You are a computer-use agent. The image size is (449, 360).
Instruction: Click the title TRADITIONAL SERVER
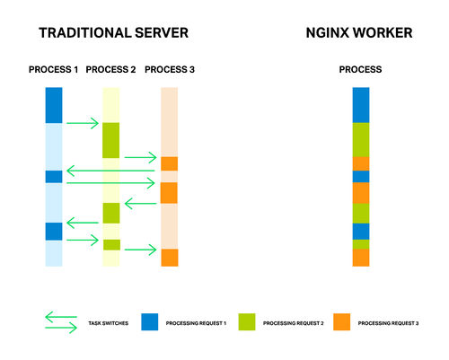[113, 33]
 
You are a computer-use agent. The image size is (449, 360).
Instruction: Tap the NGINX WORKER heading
[360, 33]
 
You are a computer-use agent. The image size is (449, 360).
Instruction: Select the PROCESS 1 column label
[53, 70]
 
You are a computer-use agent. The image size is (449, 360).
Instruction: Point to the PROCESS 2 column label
[110, 70]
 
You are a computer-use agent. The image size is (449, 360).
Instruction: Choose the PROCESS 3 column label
[169, 70]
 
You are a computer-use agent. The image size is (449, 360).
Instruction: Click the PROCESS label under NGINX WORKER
[360, 70]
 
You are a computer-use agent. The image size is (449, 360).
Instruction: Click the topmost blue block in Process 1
[53, 105]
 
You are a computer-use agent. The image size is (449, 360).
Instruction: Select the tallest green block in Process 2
[110, 140]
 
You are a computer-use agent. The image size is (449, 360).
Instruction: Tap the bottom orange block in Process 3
[169, 258]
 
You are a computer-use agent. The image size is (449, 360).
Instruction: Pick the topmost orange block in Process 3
[169, 163]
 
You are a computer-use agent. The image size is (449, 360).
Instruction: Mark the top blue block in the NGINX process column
[360, 105]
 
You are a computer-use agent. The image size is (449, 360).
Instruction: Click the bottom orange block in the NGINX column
[360, 258]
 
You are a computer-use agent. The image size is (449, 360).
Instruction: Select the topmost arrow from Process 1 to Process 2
[82, 123]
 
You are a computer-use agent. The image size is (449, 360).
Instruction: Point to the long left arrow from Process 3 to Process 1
[111, 170]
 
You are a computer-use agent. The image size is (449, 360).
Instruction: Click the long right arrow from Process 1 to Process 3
[111, 182]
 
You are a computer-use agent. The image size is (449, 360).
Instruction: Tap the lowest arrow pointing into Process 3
[141, 250]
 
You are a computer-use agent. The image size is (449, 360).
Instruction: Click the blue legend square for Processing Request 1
[149, 320]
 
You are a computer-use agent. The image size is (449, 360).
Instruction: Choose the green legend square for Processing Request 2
[244, 320]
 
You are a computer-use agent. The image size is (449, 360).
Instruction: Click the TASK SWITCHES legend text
[107, 321]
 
